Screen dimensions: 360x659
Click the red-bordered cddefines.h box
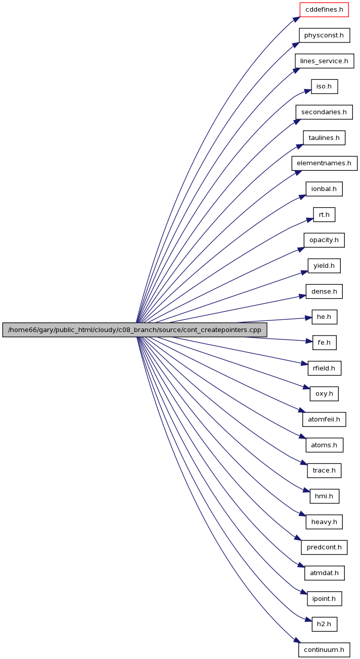tap(324, 10)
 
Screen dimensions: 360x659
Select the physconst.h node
tap(325, 35)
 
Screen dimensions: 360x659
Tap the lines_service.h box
tap(325, 61)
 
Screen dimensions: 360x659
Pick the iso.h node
tap(325, 86)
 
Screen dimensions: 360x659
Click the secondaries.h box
tap(324, 112)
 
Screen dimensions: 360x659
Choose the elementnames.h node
tap(325, 163)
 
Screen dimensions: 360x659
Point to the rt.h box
tap(324, 214)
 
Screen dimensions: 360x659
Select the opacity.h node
tap(324, 240)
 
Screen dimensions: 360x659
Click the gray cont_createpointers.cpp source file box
tap(135, 330)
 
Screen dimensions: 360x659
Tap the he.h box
tap(325, 317)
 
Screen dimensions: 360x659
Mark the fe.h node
tap(325, 343)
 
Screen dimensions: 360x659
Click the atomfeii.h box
tap(324, 419)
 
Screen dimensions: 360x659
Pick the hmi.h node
tap(325, 496)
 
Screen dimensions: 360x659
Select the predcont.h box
tap(324, 547)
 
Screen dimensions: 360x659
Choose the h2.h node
tap(325, 624)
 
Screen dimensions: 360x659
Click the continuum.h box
tap(324, 649)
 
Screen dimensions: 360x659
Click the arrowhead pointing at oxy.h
tap(307, 387)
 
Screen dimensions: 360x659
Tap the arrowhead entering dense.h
tap(302, 296)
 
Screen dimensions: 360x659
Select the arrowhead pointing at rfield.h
tap(304, 364)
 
